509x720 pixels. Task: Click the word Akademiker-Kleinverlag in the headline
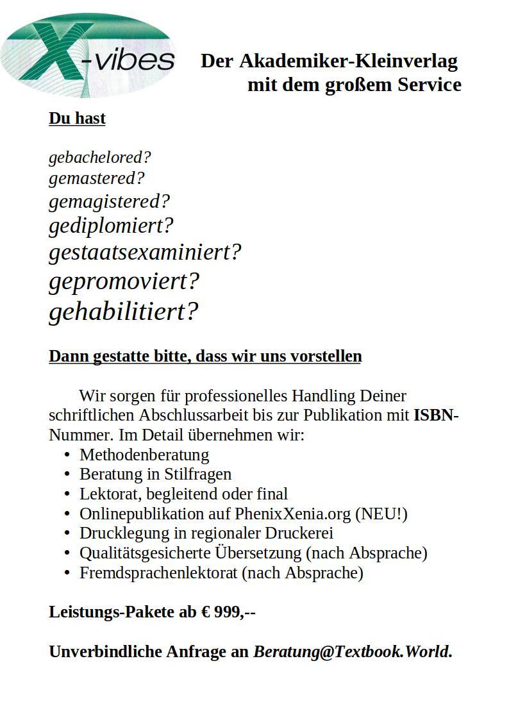click(348, 62)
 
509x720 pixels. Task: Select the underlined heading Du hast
click(77, 119)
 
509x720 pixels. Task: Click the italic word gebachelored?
click(99, 157)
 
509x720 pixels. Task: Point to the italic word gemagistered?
click(109, 201)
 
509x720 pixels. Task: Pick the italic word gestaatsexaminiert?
click(145, 252)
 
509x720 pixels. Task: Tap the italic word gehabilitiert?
click(124, 312)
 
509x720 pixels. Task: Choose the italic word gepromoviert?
click(124, 281)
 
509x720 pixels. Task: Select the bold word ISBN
click(433, 415)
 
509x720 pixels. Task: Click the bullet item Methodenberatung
click(144, 455)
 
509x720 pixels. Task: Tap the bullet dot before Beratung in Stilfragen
click(67, 474)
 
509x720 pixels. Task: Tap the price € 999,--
click(228, 612)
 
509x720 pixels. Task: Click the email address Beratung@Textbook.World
click(351, 652)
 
